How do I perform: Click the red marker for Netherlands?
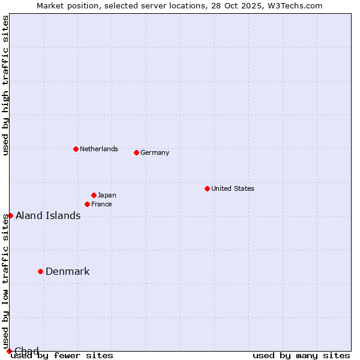pos(76,149)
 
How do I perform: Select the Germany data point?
pos(136,152)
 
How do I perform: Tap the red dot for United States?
pos(207,188)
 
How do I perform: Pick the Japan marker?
pos(94,195)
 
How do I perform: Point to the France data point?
pos(87,204)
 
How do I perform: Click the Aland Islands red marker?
pos(10,215)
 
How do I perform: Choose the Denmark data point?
pos(40,271)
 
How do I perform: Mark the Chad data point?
pos(9,351)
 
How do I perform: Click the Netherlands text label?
pos(98,149)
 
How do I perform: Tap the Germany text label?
pos(155,152)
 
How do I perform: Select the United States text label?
pos(232,188)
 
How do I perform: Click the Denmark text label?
pos(67,271)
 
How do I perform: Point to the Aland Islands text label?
pos(48,215)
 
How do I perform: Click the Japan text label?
pos(107,195)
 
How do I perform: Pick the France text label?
pos(101,204)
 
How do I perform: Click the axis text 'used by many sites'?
pos(301,356)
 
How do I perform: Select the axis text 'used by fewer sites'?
pos(62,356)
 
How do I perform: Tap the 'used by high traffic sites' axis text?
pos(6,85)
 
